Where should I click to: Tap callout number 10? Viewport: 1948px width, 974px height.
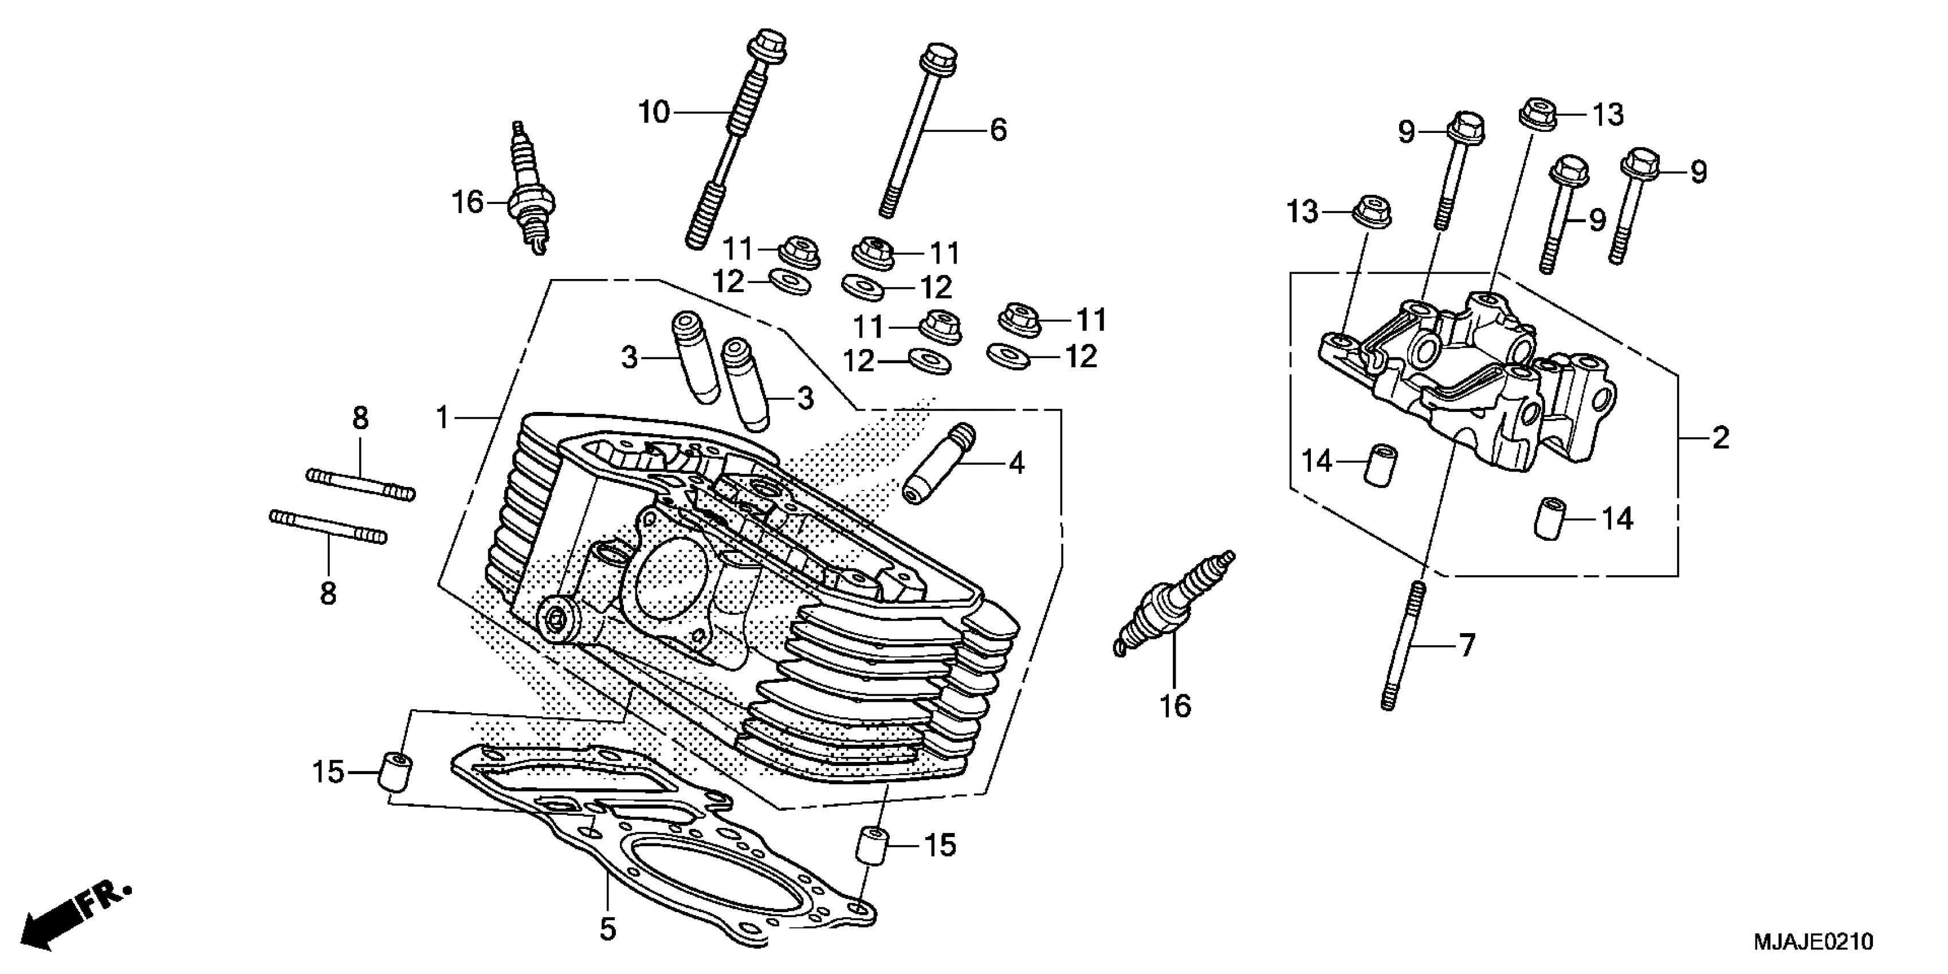click(654, 113)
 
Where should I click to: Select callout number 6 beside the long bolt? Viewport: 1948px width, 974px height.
click(998, 130)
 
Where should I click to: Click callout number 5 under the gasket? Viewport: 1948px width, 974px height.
click(608, 929)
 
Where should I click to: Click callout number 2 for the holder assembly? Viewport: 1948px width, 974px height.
click(1721, 438)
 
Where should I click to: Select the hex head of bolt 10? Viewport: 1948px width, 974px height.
click(767, 44)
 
